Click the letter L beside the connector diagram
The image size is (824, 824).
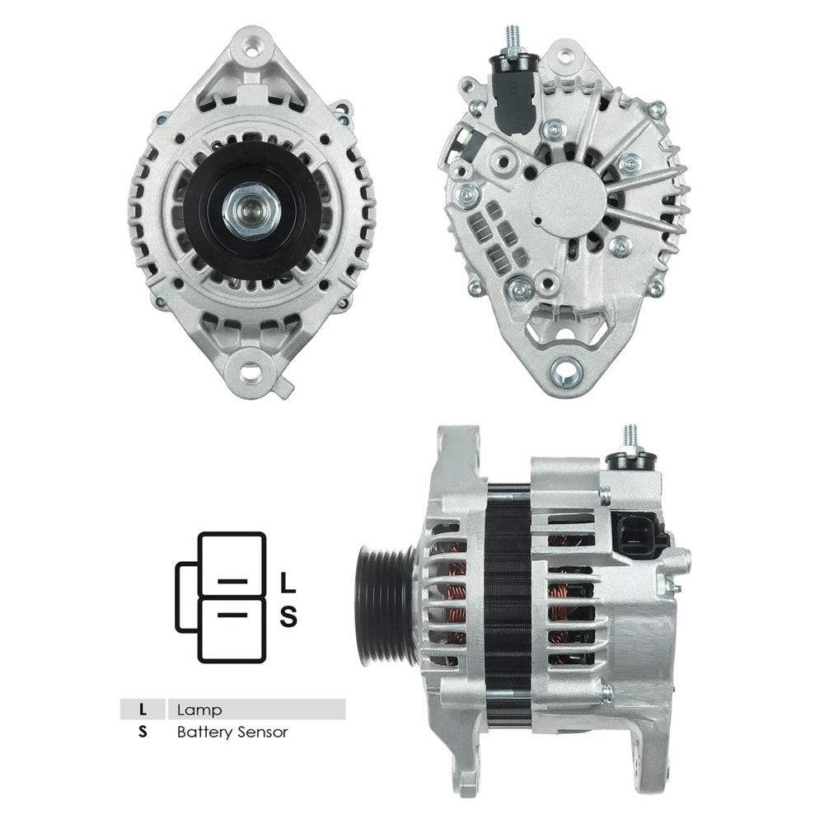click(288, 583)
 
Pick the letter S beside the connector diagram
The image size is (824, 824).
click(288, 616)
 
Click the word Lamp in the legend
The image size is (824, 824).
click(199, 709)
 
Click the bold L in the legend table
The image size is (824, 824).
click(143, 709)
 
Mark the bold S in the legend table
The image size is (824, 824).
click(143, 731)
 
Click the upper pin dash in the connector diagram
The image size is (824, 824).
click(232, 581)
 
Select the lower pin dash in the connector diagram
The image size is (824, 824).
click(232, 615)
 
